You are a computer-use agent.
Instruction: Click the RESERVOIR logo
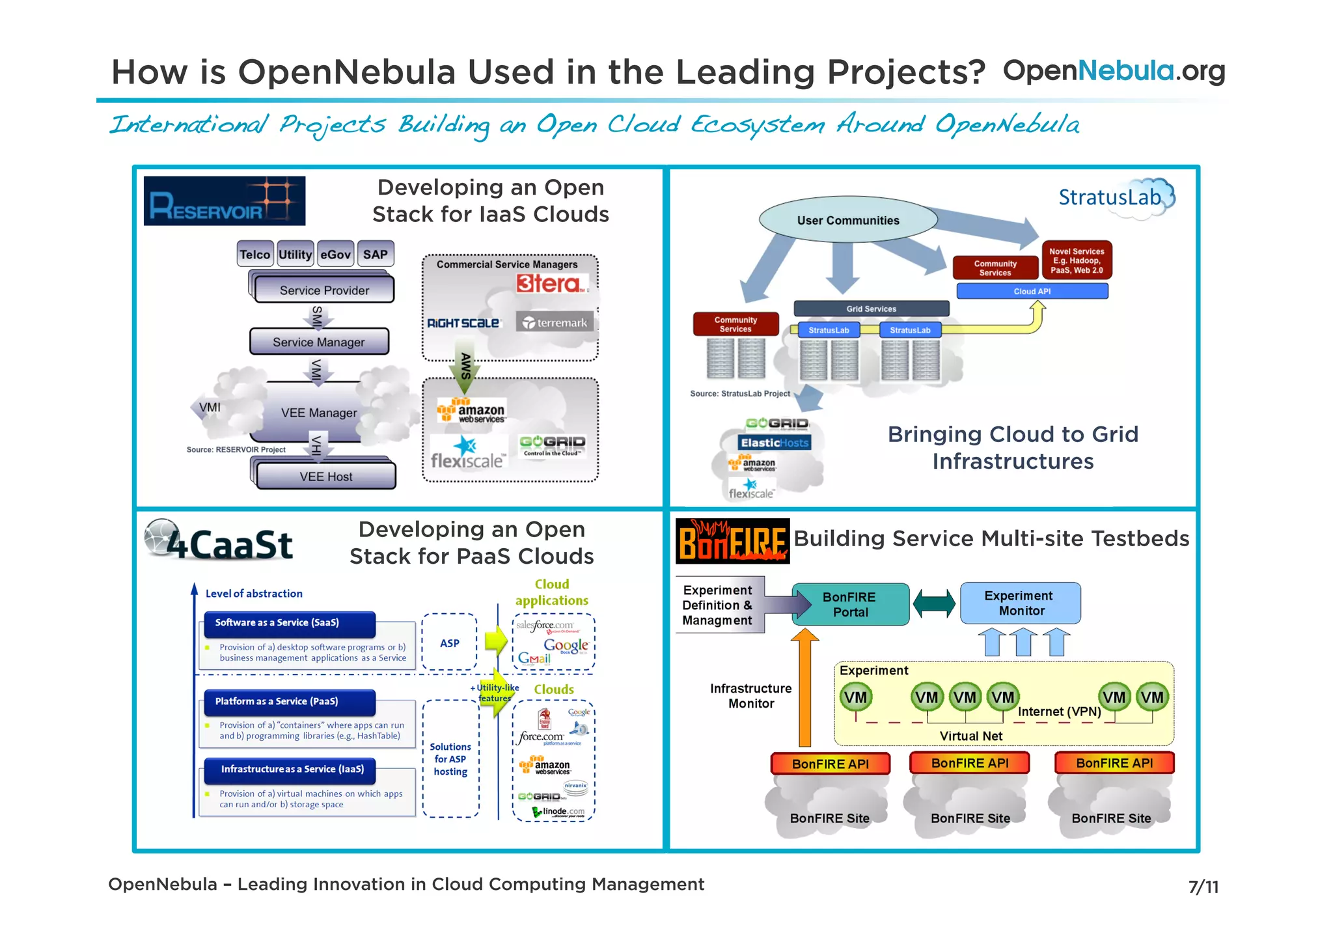tap(224, 201)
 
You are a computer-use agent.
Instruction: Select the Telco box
tap(254, 255)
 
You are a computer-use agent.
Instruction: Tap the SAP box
tap(375, 255)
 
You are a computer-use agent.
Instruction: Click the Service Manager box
tap(319, 342)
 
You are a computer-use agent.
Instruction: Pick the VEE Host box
tap(325, 476)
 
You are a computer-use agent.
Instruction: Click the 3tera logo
tap(549, 284)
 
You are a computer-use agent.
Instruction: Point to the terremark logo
tap(555, 322)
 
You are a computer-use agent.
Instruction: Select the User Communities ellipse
tap(848, 221)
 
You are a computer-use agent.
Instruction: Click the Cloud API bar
tap(1032, 291)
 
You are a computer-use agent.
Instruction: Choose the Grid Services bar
tap(871, 309)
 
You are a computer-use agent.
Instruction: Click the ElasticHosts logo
tap(774, 443)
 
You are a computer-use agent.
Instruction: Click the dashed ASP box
tap(449, 643)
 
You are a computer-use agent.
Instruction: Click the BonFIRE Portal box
tap(849, 604)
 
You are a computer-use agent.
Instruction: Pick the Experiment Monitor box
tap(1021, 603)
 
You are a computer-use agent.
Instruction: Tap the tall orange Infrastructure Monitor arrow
tap(804, 690)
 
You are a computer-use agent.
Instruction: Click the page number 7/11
tap(1203, 887)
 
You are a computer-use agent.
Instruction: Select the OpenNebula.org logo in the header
tap(1114, 70)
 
